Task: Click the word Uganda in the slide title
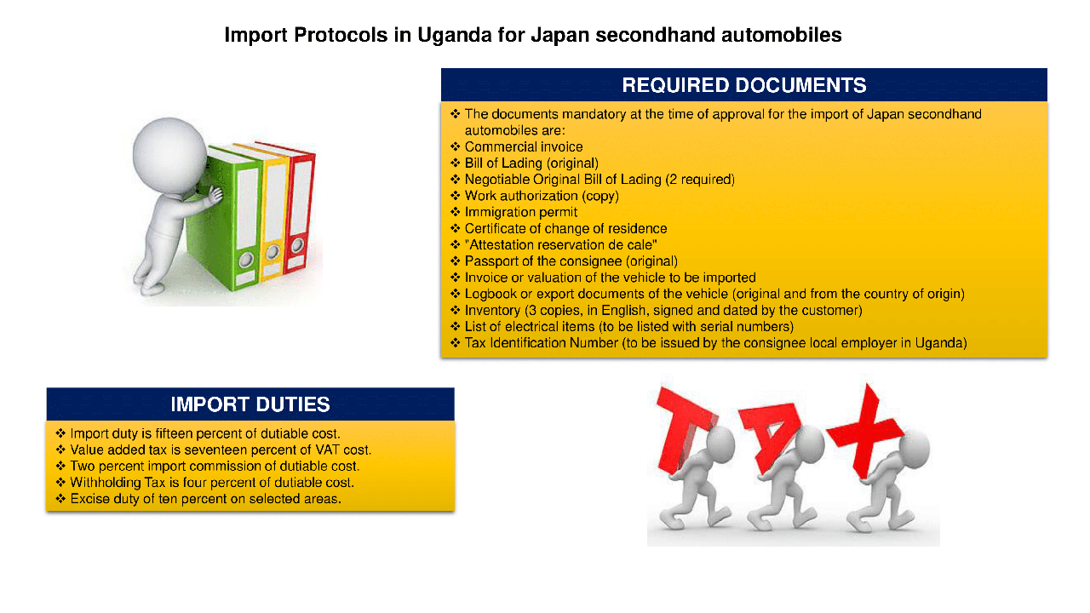click(455, 36)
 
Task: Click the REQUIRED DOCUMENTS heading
click(744, 85)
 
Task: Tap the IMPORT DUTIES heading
click(250, 404)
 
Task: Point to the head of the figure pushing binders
click(169, 155)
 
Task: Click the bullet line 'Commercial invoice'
click(524, 147)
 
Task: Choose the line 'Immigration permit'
click(520, 213)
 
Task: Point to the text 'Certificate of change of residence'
click(565, 229)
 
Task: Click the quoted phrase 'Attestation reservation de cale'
click(560, 245)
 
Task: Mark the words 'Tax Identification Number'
click(541, 343)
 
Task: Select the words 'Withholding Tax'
click(118, 483)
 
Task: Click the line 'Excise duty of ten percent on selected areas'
click(205, 499)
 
